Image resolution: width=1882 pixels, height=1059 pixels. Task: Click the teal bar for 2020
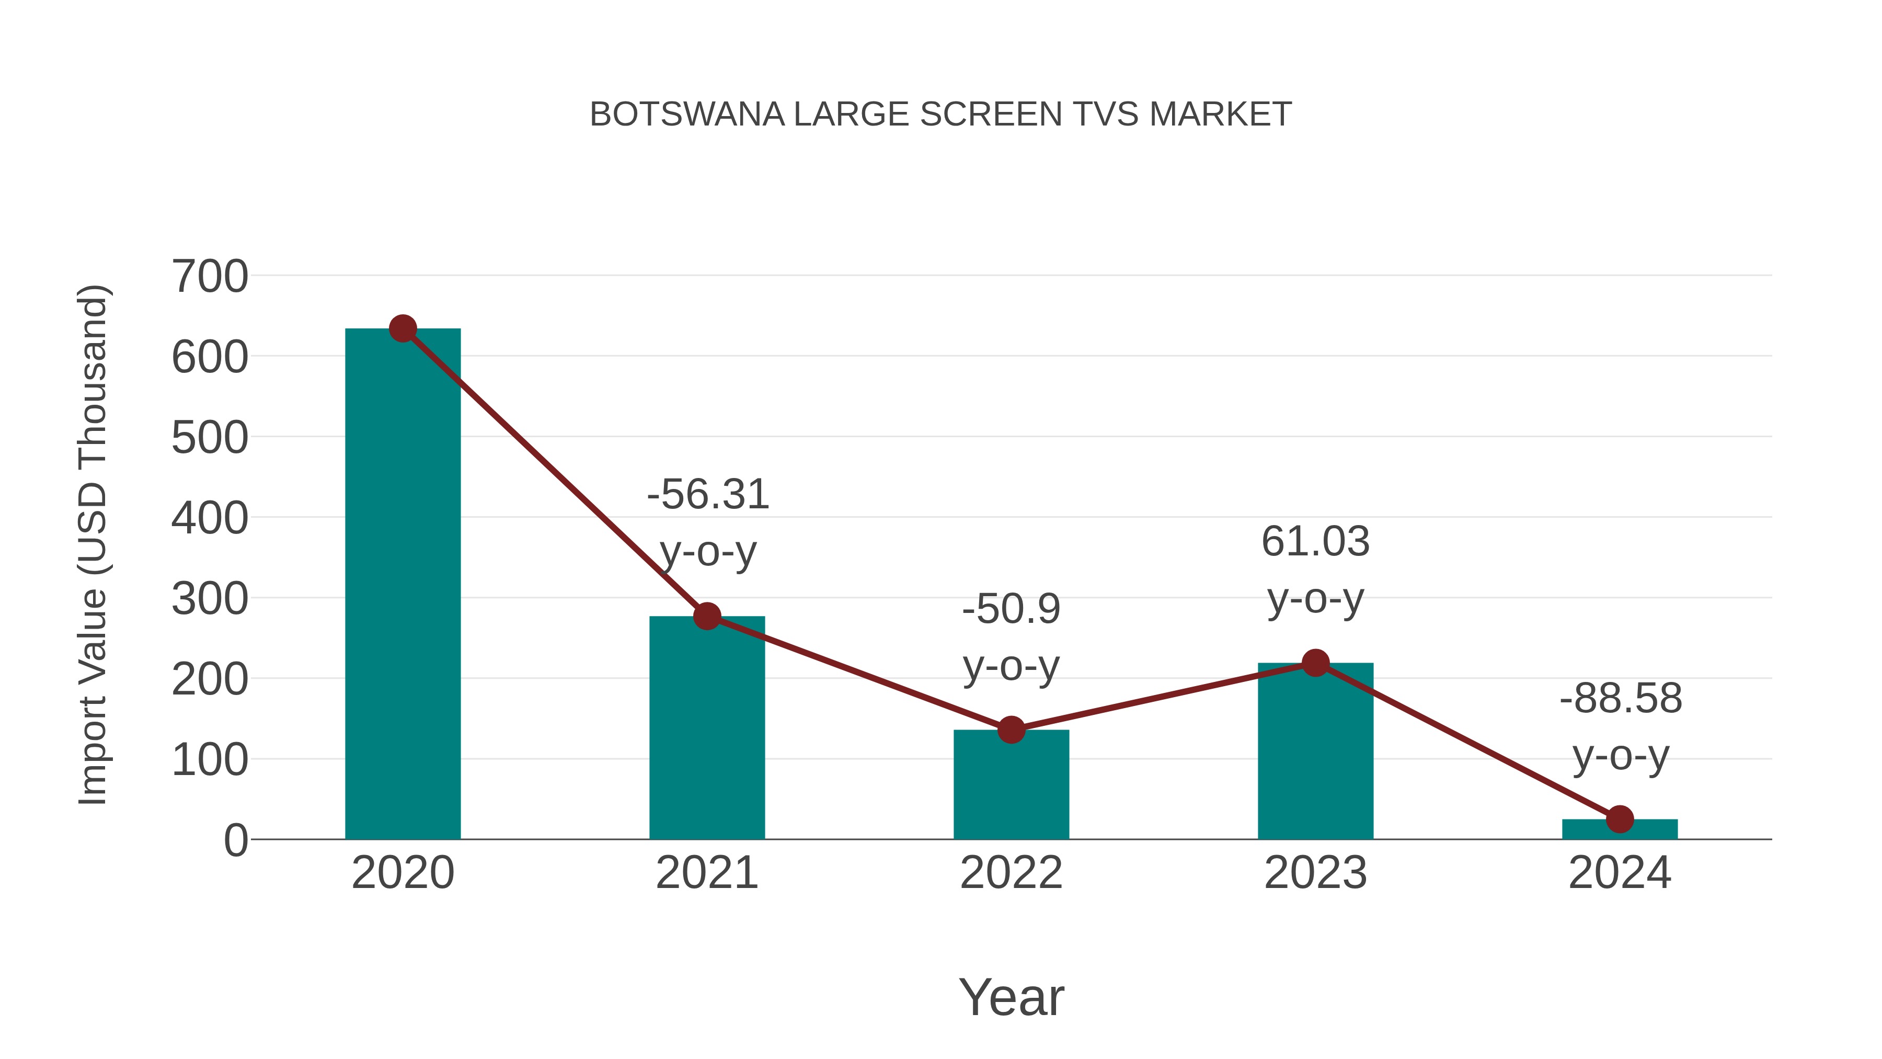click(403, 585)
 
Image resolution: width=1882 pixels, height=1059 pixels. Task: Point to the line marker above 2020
click(403, 329)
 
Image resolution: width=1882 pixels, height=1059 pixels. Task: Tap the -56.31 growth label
click(708, 495)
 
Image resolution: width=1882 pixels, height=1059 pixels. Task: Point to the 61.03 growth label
click(1315, 542)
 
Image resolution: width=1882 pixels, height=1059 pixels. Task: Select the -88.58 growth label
click(1621, 698)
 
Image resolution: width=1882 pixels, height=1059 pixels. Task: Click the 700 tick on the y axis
click(210, 277)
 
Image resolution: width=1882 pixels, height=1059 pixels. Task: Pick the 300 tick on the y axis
click(210, 599)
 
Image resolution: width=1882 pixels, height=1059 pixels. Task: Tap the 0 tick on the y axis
click(235, 840)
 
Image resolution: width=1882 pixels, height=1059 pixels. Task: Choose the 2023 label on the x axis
click(1315, 873)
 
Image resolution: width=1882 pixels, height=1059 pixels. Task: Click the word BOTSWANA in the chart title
click(687, 115)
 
